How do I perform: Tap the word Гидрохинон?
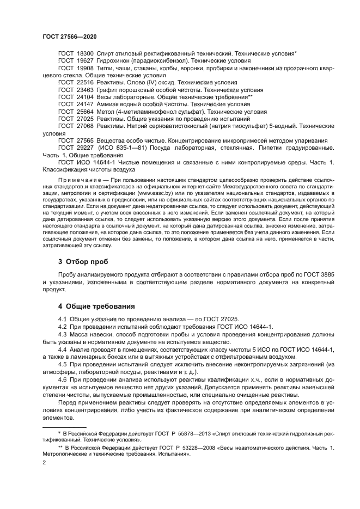pos(115,61)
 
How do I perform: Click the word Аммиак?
pos(108,103)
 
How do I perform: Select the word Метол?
pos(106,111)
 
